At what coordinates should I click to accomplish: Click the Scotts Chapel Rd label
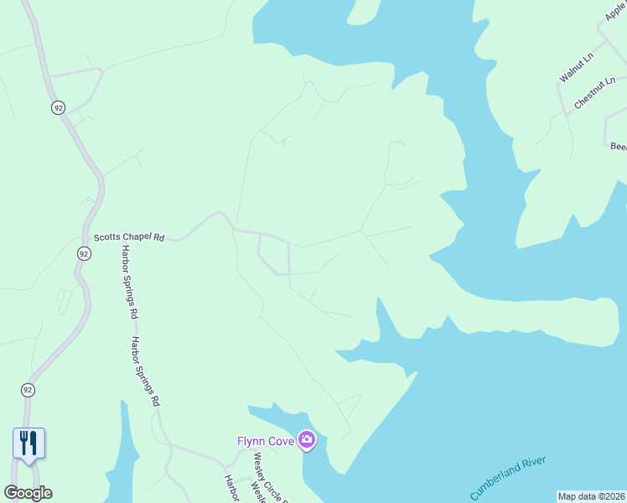click(x=129, y=237)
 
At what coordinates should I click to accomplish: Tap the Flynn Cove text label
click(x=265, y=441)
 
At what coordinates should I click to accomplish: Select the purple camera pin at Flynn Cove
click(x=307, y=439)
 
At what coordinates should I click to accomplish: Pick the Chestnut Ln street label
click(x=595, y=94)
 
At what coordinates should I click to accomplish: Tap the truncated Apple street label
click(x=615, y=11)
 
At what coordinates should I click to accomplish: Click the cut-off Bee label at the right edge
click(x=619, y=146)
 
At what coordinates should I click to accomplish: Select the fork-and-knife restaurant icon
click(x=28, y=443)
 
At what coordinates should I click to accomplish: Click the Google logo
click(x=28, y=493)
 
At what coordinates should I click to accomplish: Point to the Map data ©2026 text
click(x=592, y=496)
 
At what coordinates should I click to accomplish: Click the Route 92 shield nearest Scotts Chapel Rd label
click(x=83, y=253)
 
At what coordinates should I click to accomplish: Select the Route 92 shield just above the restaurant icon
click(x=28, y=390)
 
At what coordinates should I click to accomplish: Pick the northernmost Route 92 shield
click(x=57, y=108)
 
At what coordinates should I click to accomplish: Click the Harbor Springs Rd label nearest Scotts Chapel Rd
click(x=129, y=283)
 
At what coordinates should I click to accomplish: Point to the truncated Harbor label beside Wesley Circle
click(x=231, y=490)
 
